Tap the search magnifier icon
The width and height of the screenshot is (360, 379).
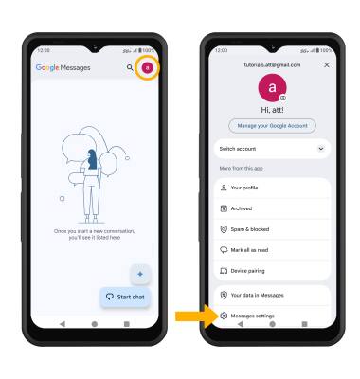(x=130, y=67)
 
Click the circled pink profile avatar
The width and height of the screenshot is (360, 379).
(x=147, y=67)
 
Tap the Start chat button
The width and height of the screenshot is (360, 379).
(x=125, y=297)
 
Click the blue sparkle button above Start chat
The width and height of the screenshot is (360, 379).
(x=140, y=274)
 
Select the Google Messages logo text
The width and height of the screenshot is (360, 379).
(x=63, y=67)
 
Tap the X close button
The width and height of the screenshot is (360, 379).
(x=327, y=64)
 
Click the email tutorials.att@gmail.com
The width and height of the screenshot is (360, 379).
(x=272, y=64)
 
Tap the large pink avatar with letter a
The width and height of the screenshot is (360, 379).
(x=272, y=88)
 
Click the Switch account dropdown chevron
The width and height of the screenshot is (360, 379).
(x=321, y=149)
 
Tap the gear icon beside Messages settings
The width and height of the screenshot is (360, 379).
(x=224, y=316)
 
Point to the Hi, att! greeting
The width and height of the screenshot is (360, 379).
(x=272, y=110)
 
